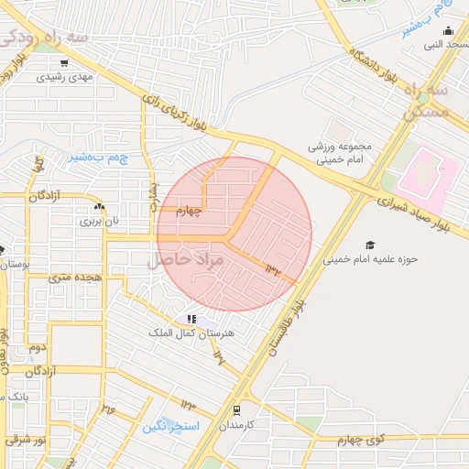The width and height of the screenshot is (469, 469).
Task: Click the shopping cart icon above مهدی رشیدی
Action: pyautogui.click(x=64, y=63)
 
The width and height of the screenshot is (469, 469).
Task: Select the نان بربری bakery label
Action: pyautogui.click(x=99, y=221)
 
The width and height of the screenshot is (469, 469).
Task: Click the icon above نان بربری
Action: pyautogui.click(x=99, y=208)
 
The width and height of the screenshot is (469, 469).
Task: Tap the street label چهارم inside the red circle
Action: pyautogui.click(x=188, y=211)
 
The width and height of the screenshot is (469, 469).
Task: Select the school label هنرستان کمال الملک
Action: pyautogui.click(x=191, y=333)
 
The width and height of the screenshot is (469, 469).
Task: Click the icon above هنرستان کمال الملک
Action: pyautogui.click(x=191, y=319)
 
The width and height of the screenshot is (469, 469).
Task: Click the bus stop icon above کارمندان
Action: pyautogui.click(x=237, y=410)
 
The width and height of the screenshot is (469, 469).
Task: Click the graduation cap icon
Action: pyautogui.click(x=370, y=245)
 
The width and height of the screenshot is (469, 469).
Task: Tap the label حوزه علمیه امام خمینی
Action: pyautogui.click(x=370, y=259)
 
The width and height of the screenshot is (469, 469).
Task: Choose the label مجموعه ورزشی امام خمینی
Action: pyautogui.click(x=331, y=153)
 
